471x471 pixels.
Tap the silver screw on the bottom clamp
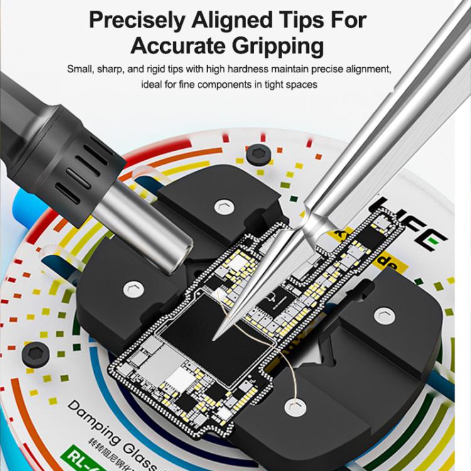coord(293,408)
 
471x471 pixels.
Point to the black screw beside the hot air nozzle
coord(256,153)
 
